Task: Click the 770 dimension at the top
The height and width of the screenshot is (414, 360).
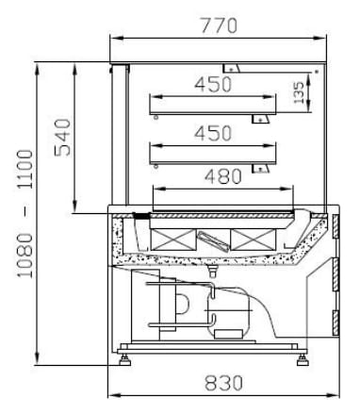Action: point(219,25)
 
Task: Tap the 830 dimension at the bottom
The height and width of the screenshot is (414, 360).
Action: point(223,383)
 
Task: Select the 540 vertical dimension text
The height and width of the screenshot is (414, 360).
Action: point(63,138)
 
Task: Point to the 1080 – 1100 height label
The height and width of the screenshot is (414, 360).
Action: point(25,214)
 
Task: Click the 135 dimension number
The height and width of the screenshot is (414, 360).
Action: point(299,92)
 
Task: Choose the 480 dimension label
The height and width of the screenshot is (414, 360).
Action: point(223,176)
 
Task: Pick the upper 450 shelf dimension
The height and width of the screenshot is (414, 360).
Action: point(213,84)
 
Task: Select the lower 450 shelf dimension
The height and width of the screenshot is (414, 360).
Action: point(213,133)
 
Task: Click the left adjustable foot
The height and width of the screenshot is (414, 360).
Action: point(124,360)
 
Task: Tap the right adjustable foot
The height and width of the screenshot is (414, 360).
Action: point(303,360)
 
